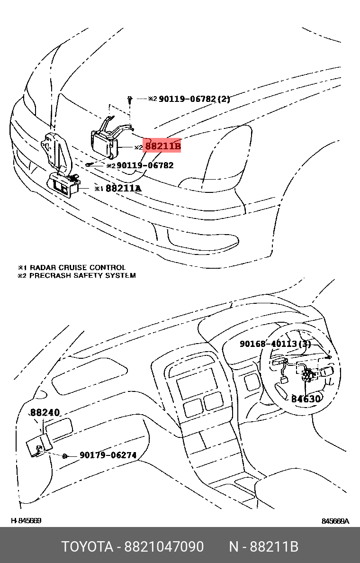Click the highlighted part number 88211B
pos(162,146)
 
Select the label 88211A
pos(123,188)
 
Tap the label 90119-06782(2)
pos(194,99)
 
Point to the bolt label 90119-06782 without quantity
pos(145,165)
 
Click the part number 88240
pos(45,413)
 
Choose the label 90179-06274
pos(108,455)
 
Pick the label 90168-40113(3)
pos(275,344)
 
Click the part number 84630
pos(306,399)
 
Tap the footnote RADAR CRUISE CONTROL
pos(77,268)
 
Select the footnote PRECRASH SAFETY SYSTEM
pos(82,275)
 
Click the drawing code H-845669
pos(26,521)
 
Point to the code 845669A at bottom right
pos(335,521)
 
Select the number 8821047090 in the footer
pos(164,547)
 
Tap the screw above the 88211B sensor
pos(129,100)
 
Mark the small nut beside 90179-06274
pos(64,456)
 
